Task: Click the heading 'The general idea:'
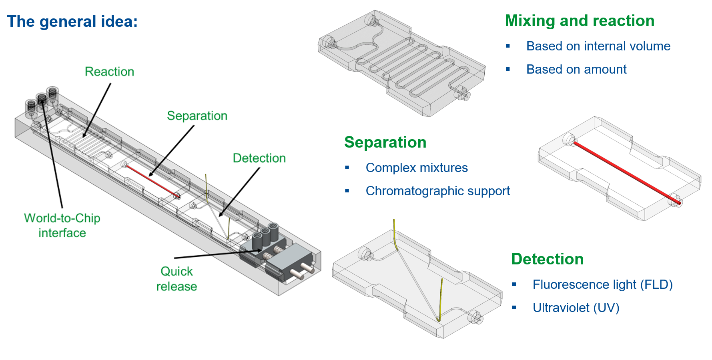72,22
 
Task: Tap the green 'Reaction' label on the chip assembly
109,72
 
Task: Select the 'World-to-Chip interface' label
62,225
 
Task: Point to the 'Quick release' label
176,279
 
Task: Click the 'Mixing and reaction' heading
580,21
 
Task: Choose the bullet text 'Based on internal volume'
598,46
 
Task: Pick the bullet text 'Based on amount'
576,69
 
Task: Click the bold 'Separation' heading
385,142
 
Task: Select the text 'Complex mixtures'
417,168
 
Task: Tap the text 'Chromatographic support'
438,191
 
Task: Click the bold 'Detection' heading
548,259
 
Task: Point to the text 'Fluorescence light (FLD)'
603,284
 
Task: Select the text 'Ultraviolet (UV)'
576,308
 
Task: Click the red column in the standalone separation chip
627,173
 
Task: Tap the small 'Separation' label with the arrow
197,116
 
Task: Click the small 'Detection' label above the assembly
259,158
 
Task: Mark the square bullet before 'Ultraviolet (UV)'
514,308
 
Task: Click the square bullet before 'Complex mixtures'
347,168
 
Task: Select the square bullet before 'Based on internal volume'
508,46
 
